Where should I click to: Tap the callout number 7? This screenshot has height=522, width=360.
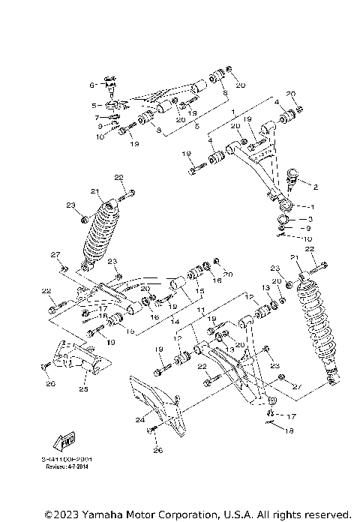[97, 118]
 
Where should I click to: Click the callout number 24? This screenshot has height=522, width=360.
[139, 420]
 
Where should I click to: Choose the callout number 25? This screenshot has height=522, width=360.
[84, 389]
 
